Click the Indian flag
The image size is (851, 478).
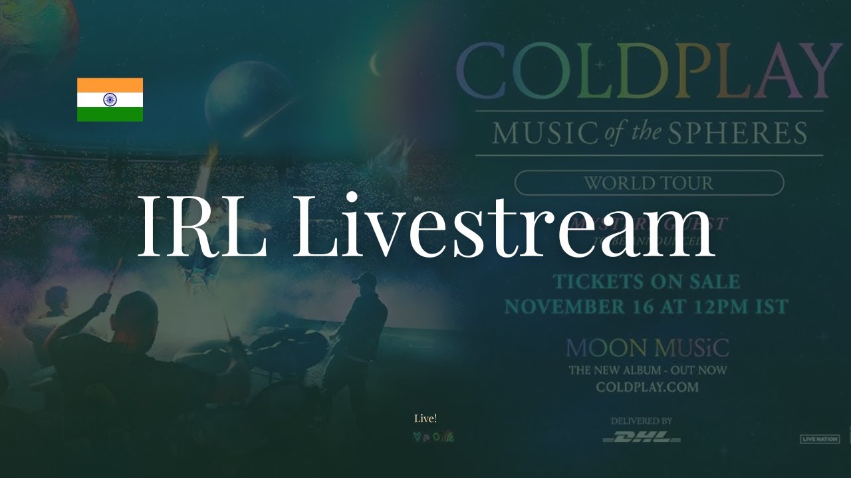(110, 100)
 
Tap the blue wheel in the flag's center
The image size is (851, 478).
(110, 100)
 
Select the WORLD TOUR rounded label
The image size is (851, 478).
(649, 183)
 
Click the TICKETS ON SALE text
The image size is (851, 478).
(646, 281)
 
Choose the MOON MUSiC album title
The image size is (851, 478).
(647, 347)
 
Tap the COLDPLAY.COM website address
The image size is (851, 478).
(647, 387)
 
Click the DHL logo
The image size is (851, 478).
(642, 438)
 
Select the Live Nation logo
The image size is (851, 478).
(820, 439)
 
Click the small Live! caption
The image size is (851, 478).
(425, 418)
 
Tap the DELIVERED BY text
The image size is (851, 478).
(642, 421)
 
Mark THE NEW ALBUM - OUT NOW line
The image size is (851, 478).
(647, 370)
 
